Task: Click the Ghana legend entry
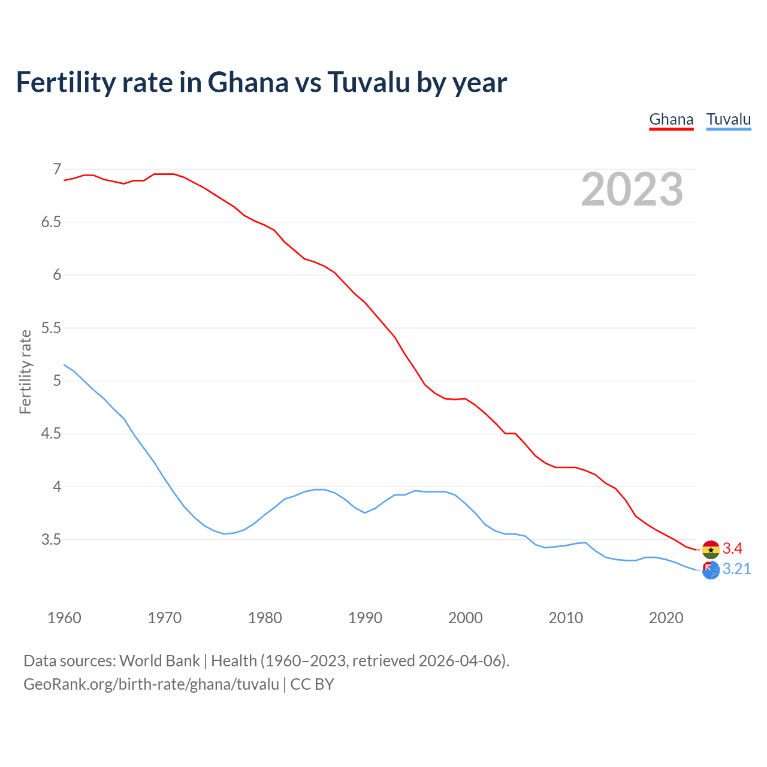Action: pyautogui.click(x=671, y=119)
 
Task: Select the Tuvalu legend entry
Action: pyautogui.click(x=728, y=119)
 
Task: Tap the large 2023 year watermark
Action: pyautogui.click(x=632, y=189)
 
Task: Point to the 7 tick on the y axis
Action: pyautogui.click(x=57, y=170)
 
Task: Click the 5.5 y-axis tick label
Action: pyautogui.click(x=51, y=328)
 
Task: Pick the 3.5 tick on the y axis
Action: pyautogui.click(x=51, y=540)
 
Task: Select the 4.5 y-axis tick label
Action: pyautogui.click(x=51, y=434)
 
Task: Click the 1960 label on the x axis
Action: pyautogui.click(x=64, y=618)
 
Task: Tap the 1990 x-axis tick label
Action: pyautogui.click(x=365, y=618)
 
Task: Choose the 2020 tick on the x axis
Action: pyautogui.click(x=666, y=618)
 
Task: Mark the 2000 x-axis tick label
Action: pyautogui.click(x=465, y=618)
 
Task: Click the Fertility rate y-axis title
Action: pyautogui.click(x=25, y=372)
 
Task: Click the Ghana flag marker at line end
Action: pyautogui.click(x=711, y=549)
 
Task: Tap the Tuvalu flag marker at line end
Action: pyautogui.click(x=711, y=570)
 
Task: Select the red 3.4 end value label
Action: pyautogui.click(x=732, y=548)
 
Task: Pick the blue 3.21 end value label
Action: pyautogui.click(x=736, y=569)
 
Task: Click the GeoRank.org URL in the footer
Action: pyautogui.click(x=151, y=684)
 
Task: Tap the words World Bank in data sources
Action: pyautogui.click(x=159, y=661)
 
